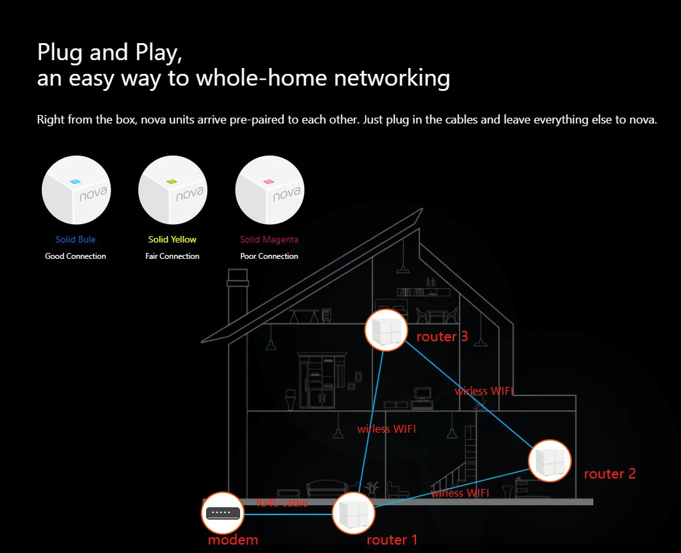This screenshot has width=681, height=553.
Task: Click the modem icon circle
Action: (x=223, y=513)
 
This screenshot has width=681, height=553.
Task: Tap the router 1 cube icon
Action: (x=353, y=514)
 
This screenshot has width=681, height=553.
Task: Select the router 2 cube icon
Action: (x=550, y=461)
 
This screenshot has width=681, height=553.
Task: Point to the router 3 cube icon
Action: (x=386, y=330)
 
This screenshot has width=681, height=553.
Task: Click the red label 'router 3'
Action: (x=442, y=337)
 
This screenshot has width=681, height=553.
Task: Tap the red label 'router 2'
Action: (x=610, y=473)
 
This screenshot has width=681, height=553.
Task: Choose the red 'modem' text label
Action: (x=233, y=540)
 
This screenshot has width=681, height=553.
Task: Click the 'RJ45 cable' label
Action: (x=283, y=503)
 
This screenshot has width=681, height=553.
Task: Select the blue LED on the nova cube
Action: (x=75, y=182)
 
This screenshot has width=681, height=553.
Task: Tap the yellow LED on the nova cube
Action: (x=172, y=182)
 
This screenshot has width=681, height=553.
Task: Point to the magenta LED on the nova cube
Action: (x=269, y=182)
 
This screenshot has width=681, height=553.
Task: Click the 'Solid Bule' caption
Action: (x=76, y=239)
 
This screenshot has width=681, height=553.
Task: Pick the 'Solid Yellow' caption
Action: (x=173, y=239)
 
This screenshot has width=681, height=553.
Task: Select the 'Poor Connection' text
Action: (x=270, y=256)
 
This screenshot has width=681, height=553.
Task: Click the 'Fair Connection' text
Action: (x=173, y=256)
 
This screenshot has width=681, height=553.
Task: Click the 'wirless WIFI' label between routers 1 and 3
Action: (x=387, y=429)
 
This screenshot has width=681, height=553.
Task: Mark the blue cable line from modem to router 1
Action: (x=288, y=514)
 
